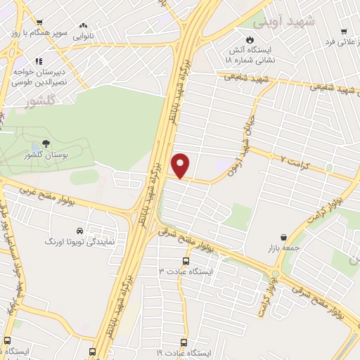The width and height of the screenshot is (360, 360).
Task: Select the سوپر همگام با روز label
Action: point(33,32)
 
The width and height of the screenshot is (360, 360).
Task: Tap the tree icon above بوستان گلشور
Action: point(46,143)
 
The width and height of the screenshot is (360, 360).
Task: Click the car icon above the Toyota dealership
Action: point(79,230)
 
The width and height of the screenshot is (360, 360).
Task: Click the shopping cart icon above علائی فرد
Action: point(344,31)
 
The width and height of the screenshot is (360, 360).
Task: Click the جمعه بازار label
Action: point(282,247)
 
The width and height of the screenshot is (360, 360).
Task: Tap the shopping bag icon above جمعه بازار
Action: point(283,236)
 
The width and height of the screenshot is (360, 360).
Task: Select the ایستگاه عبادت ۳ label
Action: point(189,270)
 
